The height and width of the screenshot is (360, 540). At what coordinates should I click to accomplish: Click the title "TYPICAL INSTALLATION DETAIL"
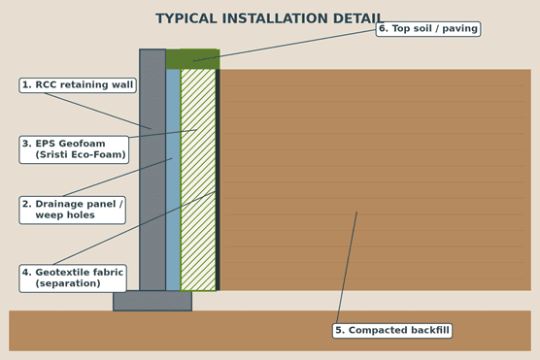269,18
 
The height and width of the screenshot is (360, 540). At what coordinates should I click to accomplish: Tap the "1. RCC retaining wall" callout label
78,85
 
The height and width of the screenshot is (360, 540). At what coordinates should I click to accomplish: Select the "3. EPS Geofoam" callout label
74,149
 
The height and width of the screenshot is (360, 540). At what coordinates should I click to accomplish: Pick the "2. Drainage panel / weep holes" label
72,210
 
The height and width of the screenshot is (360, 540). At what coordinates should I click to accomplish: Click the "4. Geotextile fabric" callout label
73,278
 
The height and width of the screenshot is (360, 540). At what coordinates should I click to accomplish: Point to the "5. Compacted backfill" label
392,330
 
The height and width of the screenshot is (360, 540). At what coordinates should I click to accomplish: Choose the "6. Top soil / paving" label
428,28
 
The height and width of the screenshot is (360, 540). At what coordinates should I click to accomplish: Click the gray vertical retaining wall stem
152,170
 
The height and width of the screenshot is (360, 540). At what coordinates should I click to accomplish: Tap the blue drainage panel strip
173,180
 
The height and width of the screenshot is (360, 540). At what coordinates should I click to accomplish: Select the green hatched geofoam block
198,180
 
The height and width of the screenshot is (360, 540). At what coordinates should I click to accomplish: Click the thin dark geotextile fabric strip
218,180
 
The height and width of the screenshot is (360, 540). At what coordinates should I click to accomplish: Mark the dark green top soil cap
193,59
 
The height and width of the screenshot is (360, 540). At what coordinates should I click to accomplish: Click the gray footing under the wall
152,301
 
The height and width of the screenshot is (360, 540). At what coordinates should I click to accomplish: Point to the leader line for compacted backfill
347,268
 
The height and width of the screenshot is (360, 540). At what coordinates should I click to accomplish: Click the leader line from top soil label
285,46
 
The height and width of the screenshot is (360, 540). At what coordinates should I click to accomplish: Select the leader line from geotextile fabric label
135,228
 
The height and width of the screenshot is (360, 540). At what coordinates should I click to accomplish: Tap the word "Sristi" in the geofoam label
51,155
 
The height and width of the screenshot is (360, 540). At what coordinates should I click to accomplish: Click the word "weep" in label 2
46,215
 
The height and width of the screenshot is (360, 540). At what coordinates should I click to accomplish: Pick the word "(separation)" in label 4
68,283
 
